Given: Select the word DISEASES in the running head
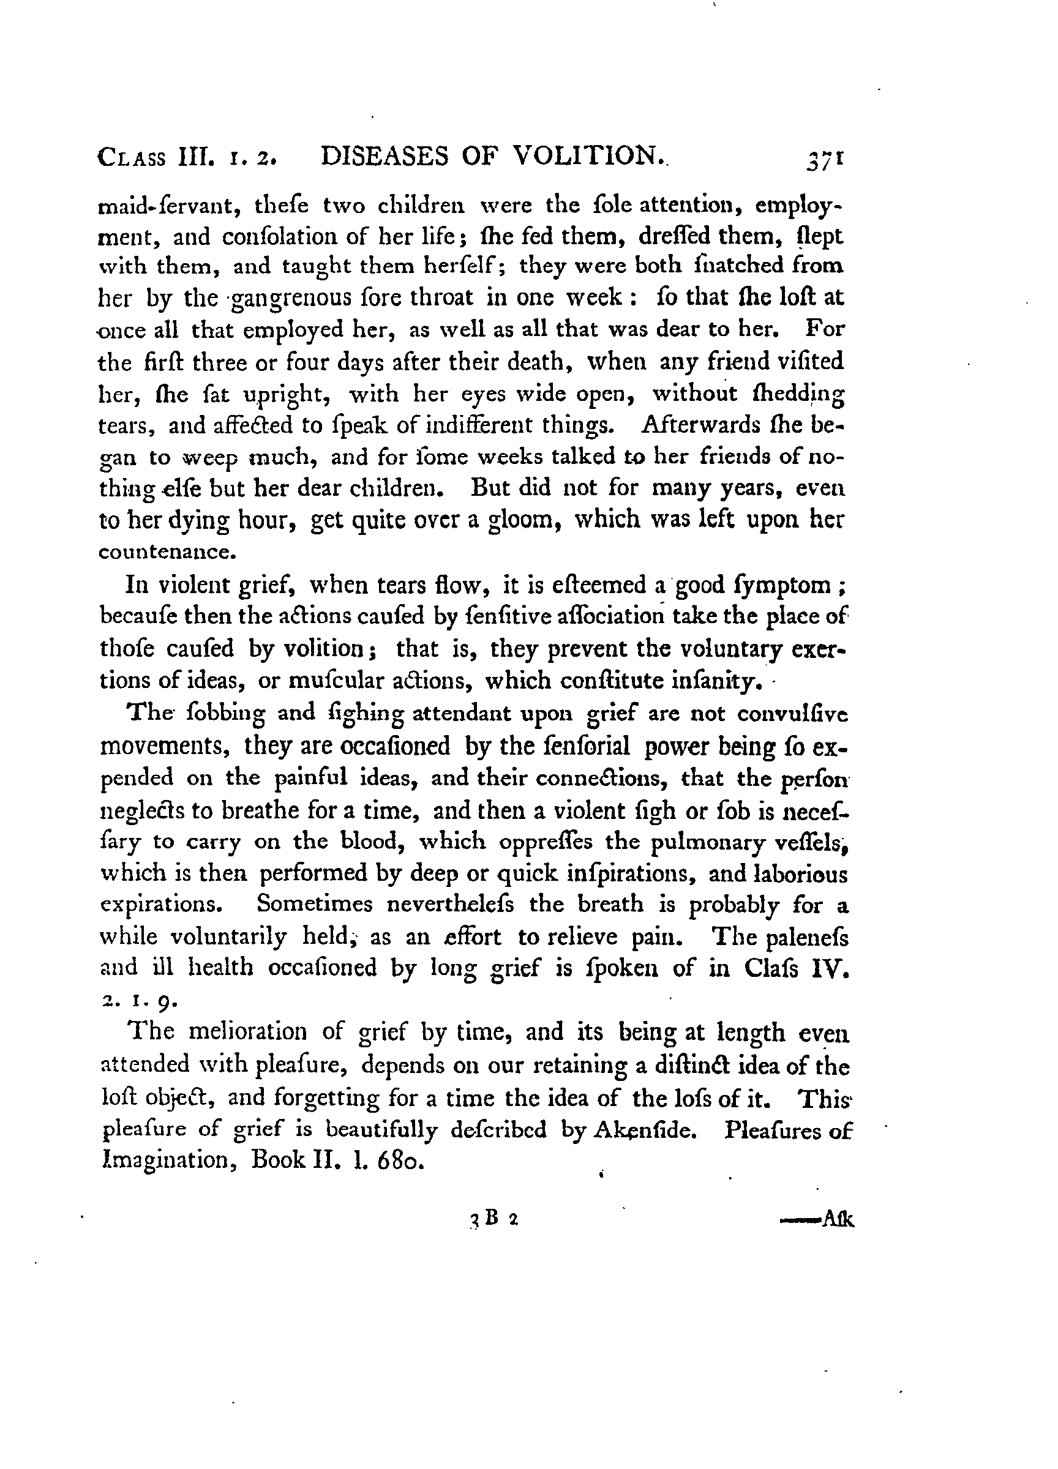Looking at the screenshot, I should click(x=385, y=157).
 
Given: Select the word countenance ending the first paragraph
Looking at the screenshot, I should click(x=165, y=552).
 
